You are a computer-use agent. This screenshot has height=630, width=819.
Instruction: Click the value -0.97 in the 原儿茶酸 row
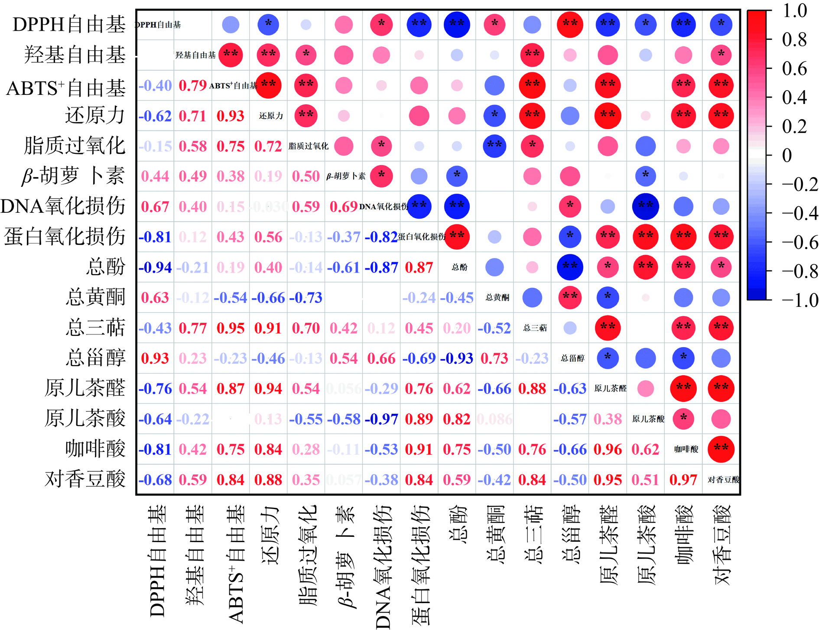[x=381, y=419]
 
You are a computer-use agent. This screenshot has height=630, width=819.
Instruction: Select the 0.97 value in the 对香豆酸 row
[x=683, y=480]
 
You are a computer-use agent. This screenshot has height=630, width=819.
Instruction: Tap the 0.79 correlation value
[x=192, y=85]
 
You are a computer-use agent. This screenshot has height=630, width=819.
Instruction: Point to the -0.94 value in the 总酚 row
[x=155, y=267]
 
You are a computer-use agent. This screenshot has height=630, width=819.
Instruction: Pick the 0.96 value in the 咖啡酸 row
[x=608, y=449]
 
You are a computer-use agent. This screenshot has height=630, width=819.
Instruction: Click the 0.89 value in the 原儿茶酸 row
[x=419, y=419]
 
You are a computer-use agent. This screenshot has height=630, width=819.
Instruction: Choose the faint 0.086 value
[x=494, y=419]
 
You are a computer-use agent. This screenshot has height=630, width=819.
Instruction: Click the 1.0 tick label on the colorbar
[x=795, y=10]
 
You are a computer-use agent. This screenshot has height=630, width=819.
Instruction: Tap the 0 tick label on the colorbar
[x=787, y=155]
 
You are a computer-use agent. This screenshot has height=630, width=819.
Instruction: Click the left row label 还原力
[x=95, y=116]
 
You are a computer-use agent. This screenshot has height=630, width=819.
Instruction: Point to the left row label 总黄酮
[x=95, y=297]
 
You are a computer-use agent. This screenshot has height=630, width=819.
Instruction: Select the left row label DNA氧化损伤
[x=63, y=206]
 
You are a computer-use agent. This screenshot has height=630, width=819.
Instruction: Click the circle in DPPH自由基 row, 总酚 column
[x=457, y=24]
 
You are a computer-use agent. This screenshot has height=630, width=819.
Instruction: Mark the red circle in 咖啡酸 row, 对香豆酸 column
[x=721, y=449]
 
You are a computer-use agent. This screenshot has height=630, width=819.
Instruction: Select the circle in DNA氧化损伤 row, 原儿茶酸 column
[x=645, y=206]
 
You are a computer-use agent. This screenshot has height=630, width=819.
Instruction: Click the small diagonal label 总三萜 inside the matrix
[x=535, y=328]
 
